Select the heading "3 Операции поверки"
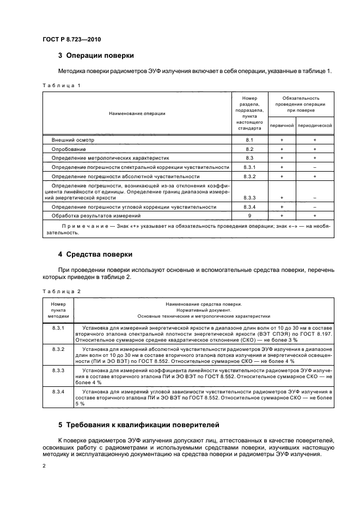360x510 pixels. (96, 56)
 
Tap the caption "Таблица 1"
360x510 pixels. (61, 86)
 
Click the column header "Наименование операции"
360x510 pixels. (137, 113)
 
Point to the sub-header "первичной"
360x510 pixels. (282, 125)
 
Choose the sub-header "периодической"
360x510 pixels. (315, 125)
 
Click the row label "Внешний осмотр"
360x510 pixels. (73, 140)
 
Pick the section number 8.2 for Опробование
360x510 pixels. (250, 149)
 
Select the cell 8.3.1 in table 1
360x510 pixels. (250, 167)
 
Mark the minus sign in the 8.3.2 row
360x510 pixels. (315, 177)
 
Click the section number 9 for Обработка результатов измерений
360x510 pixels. (250, 216)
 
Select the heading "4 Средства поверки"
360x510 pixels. (95, 254)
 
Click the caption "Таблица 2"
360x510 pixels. (61, 292)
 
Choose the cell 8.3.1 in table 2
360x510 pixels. (58, 327)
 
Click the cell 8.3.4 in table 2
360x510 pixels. (58, 392)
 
